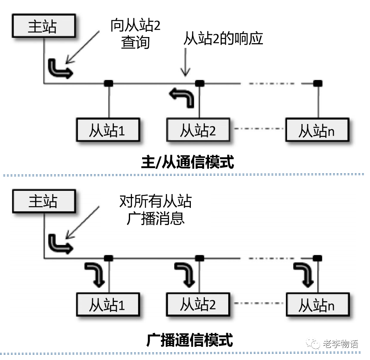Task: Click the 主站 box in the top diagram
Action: pos(42,26)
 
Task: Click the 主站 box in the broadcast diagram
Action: pos(43,201)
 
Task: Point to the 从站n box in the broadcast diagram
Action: pos(316,305)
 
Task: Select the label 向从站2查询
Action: pos(136,34)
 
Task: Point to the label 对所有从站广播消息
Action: pos(155,209)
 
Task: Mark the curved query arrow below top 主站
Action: pos(60,68)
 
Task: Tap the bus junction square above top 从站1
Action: pos(108,83)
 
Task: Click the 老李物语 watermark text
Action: pos(340,344)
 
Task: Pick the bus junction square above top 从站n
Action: pos(318,83)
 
